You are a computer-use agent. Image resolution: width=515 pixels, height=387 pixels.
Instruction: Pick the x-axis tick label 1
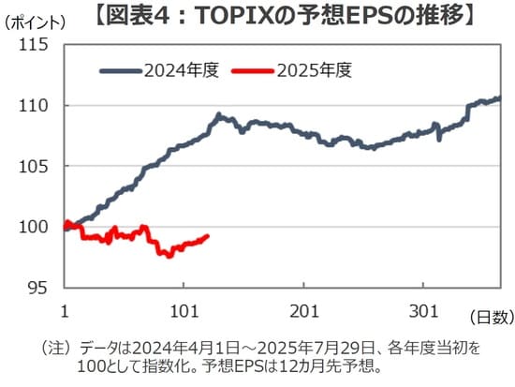tap(65, 310)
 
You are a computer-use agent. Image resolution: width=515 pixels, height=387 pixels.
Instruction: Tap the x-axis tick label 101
tap(184, 310)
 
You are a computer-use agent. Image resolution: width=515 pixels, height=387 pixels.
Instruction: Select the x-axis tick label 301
tap(425, 310)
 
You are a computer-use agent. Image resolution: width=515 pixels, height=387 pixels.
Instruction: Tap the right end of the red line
tap(207, 236)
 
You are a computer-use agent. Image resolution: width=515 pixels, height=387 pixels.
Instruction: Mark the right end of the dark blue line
tap(498, 97)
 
